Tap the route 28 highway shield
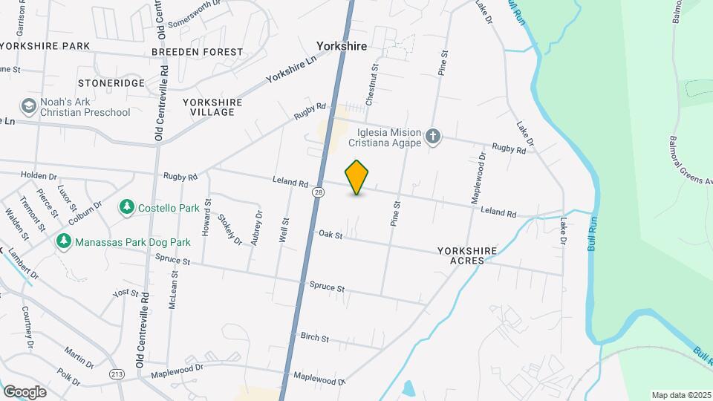(x=319, y=192)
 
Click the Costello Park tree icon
(x=127, y=206)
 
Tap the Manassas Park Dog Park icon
(x=65, y=241)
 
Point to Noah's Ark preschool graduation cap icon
(x=29, y=106)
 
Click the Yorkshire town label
(x=342, y=46)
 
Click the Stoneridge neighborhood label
(x=111, y=83)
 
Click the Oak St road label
(x=331, y=235)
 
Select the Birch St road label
(x=315, y=338)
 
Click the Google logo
(x=25, y=391)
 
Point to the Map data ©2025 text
(x=681, y=395)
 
